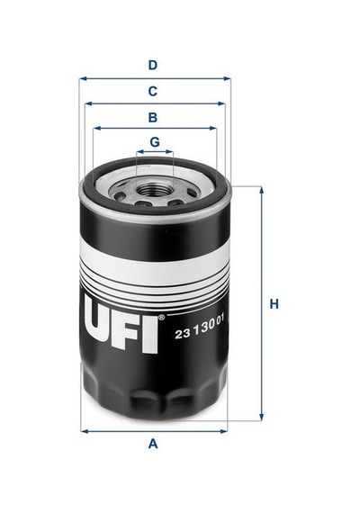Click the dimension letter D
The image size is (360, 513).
coord(153,66)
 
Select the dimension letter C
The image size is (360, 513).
coord(153,91)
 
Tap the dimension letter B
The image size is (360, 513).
coord(153,117)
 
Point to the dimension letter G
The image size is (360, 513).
coord(155,142)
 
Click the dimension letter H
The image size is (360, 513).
coord(274,304)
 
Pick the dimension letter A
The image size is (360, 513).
coord(153,444)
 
